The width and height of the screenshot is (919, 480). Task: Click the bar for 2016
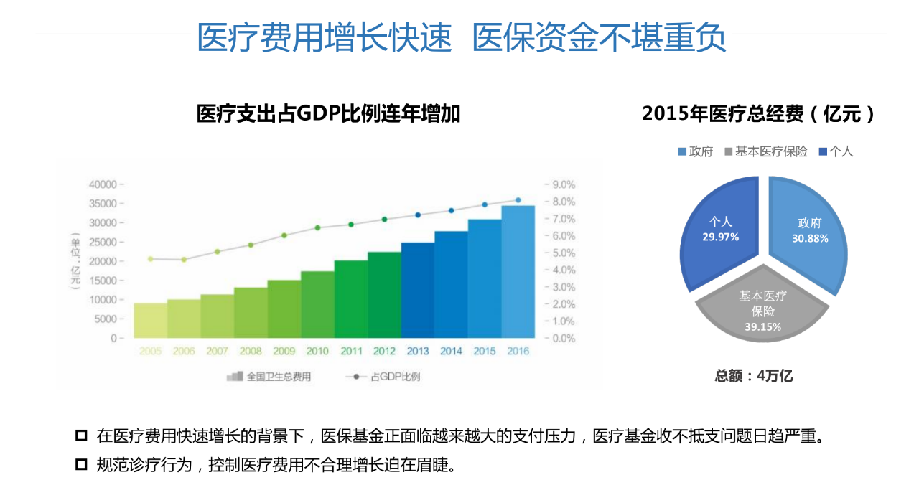(x=518, y=272)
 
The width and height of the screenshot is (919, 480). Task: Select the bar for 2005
(x=150, y=321)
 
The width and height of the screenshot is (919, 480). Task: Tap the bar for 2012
(x=384, y=295)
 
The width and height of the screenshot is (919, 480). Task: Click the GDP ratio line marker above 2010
(x=317, y=227)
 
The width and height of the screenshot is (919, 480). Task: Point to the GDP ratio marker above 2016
(x=518, y=200)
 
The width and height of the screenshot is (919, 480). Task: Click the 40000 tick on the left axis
(x=103, y=184)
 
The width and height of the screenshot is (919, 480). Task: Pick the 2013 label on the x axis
(x=418, y=352)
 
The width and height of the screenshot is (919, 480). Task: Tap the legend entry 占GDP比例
(x=394, y=377)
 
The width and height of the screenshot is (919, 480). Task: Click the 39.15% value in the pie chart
(x=762, y=326)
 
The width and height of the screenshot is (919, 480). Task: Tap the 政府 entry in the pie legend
(x=700, y=151)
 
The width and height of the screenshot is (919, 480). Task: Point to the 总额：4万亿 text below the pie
(x=754, y=376)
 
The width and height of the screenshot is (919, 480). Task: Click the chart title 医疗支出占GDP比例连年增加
(x=328, y=113)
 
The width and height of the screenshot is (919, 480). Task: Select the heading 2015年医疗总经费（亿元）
(x=759, y=113)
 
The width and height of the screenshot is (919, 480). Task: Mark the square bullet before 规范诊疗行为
(x=81, y=464)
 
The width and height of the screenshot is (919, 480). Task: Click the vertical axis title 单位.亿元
(x=75, y=260)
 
